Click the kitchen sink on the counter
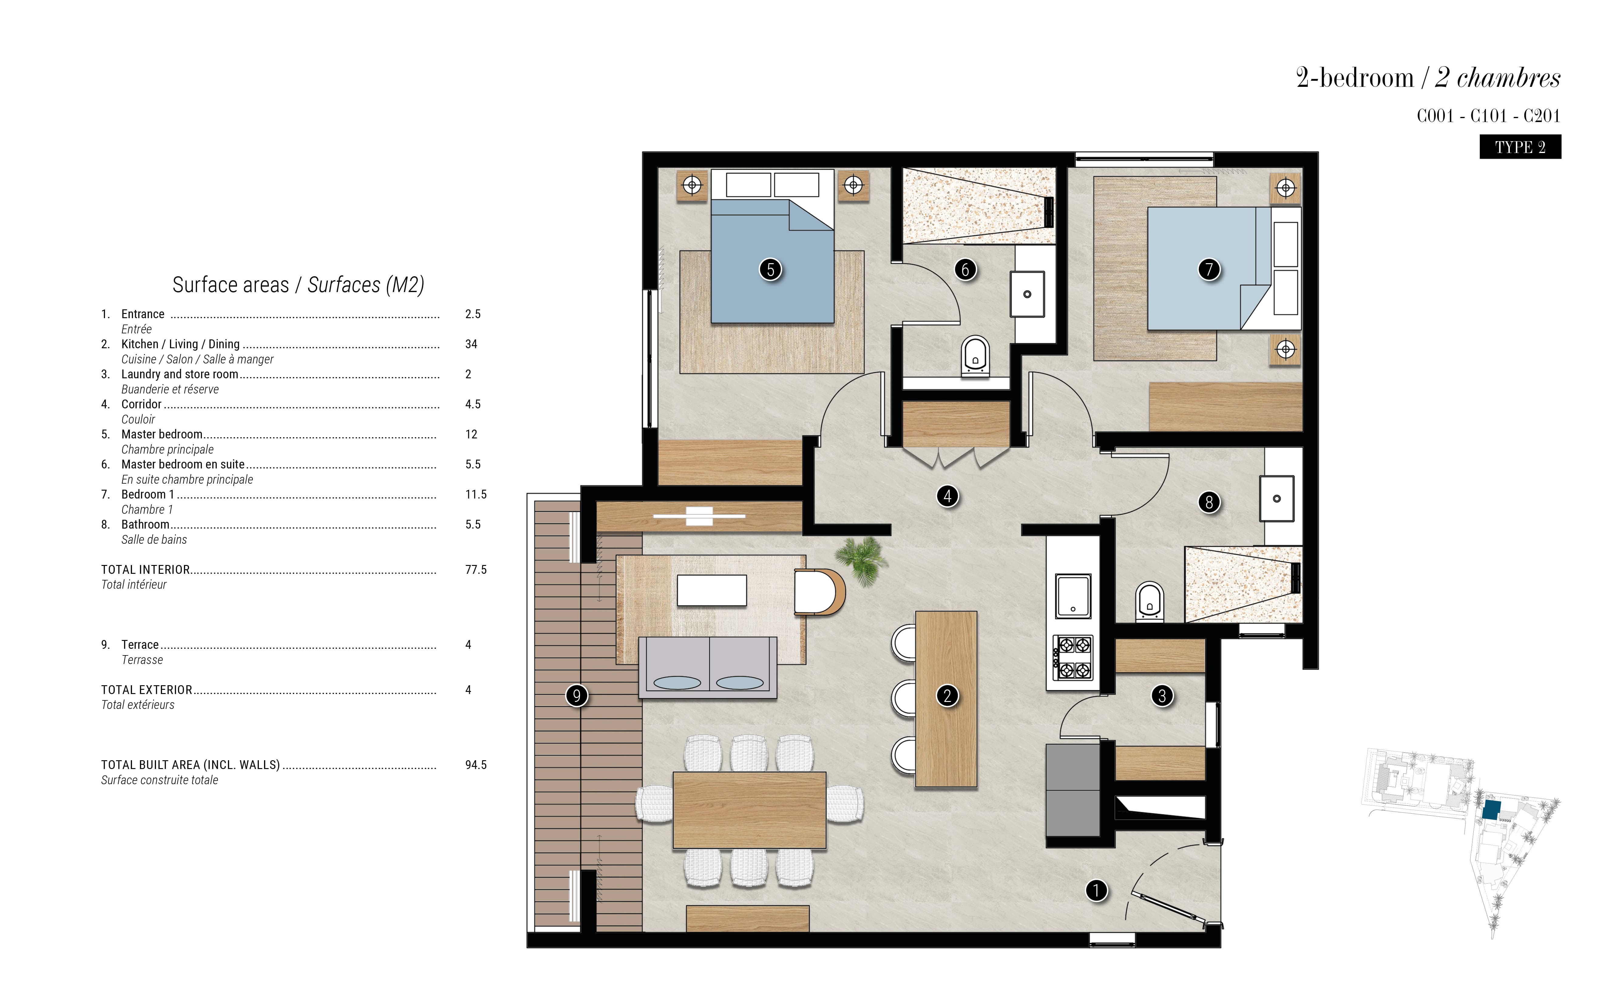1073,596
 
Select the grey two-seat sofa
708,667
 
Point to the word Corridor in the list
141,404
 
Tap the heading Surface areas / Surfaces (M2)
298,285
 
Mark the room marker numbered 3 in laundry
1162,696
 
